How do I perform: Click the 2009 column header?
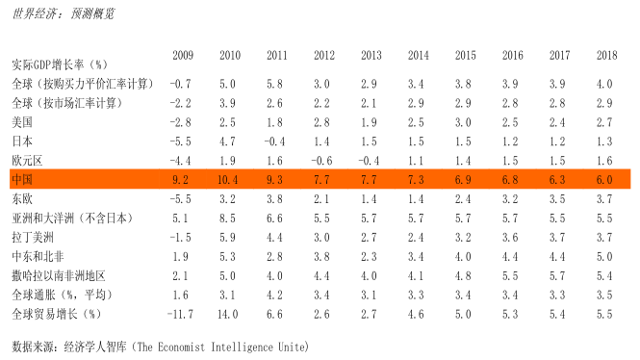click(x=183, y=55)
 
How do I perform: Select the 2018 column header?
click(x=606, y=55)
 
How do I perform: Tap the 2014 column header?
click(x=418, y=55)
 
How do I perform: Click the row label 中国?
click(x=22, y=180)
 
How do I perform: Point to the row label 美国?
click(x=22, y=122)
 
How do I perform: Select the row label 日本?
click(x=22, y=141)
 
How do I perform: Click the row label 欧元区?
click(x=27, y=161)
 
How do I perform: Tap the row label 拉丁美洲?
click(x=33, y=237)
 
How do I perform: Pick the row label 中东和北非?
click(x=38, y=256)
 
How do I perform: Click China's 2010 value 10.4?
click(x=227, y=180)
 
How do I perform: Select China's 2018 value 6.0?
click(x=604, y=180)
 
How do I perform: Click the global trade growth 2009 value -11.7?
click(x=180, y=314)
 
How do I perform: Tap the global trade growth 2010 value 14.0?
click(x=227, y=314)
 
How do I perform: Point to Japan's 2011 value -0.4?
click(x=274, y=141)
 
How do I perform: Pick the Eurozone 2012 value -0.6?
click(x=321, y=161)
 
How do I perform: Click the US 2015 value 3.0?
click(x=463, y=122)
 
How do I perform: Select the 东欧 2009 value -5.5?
click(x=180, y=199)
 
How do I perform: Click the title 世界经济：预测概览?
click(x=64, y=13)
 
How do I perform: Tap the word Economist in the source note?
click(x=181, y=347)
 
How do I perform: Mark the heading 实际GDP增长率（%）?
click(x=60, y=64)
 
